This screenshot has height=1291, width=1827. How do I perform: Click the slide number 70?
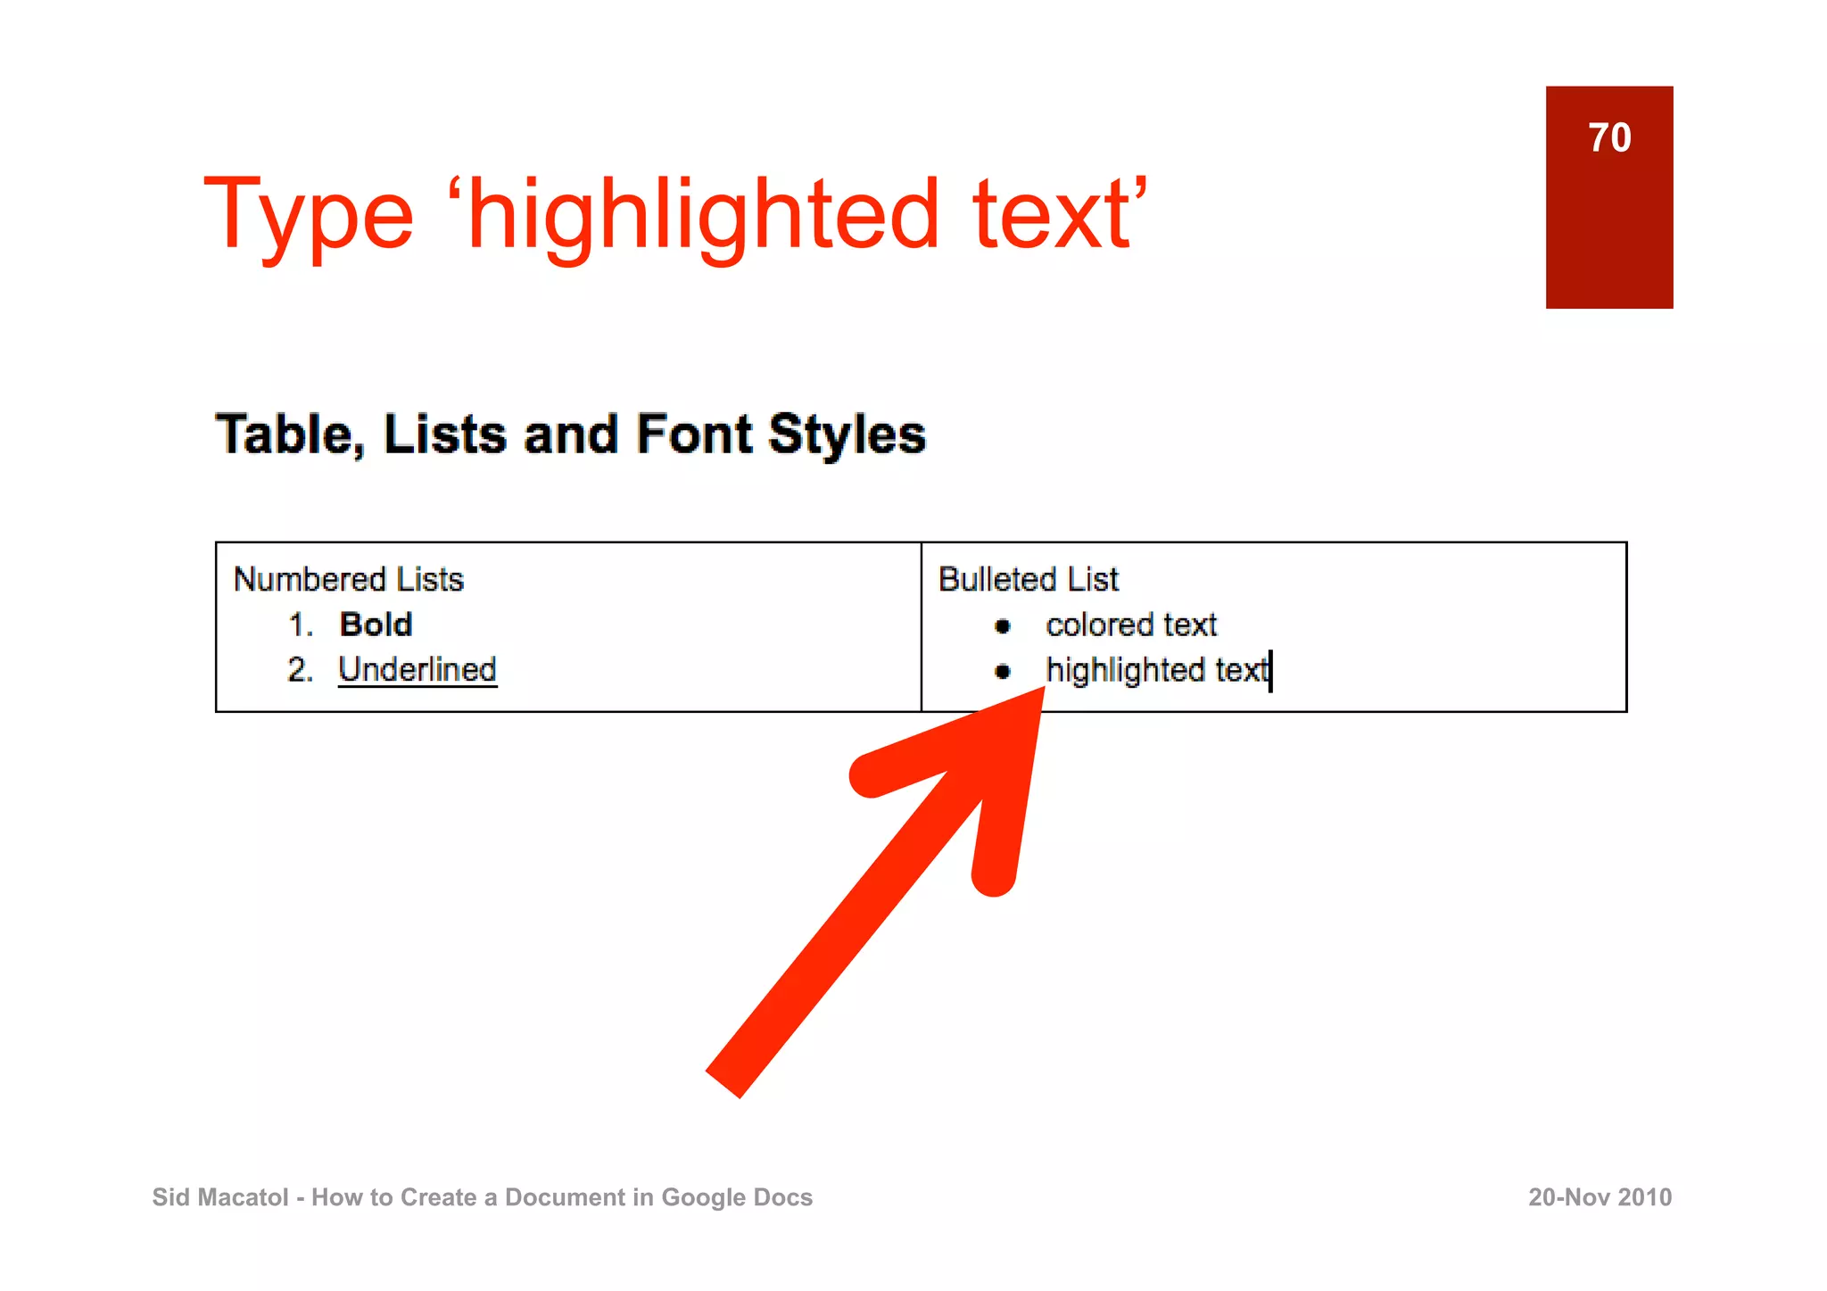click(1609, 138)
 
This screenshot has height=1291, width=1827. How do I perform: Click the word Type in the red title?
click(309, 215)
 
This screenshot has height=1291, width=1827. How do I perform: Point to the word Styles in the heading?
click(847, 434)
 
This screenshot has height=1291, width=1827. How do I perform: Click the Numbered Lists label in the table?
click(349, 580)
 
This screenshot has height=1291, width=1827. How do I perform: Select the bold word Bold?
click(376, 625)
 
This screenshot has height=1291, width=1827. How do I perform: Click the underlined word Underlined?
click(417, 670)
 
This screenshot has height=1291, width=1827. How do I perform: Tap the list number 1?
click(300, 625)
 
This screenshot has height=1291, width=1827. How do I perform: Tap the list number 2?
click(300, 670)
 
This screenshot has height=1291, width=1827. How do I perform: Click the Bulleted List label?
click(1028, 580)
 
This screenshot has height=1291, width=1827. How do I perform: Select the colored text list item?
click(1131, 625)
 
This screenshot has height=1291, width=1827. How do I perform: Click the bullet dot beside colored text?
click(1003, 626)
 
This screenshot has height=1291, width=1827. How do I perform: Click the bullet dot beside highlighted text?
click(1003, 671)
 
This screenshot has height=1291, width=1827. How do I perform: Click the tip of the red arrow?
click(1040, 692)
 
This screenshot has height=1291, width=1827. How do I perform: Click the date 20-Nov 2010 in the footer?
click(1600, 1197)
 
